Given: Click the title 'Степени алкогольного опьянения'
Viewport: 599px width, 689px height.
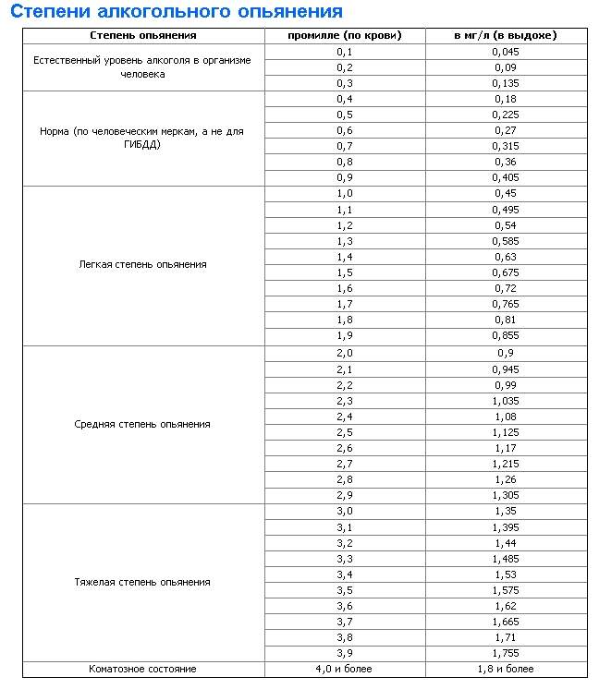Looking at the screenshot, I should coord(176,12).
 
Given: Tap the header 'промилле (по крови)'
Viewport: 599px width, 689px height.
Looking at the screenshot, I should coord(345,35).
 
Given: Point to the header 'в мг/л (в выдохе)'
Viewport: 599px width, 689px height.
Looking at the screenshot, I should coord(506,35).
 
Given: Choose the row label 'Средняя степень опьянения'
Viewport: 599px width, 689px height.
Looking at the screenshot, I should coord(142,424).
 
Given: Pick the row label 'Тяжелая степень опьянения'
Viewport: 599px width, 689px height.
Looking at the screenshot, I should coord(142,582).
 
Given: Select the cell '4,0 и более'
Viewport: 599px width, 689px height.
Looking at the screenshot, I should coord(345,668).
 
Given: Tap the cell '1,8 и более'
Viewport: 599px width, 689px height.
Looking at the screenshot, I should coord(506,668).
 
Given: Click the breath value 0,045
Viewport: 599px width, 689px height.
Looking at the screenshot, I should coord(506,51).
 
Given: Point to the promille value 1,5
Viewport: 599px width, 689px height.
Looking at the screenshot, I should coord(345,272).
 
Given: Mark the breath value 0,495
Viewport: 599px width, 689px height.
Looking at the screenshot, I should coord(506,209).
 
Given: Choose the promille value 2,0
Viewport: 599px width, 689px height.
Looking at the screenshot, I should coord(345,353).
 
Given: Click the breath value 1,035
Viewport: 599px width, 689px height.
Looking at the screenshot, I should coord(506,400).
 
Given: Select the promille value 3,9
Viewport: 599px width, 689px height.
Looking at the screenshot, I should coord(345,652).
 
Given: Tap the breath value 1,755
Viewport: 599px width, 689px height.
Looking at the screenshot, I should coord(506,652).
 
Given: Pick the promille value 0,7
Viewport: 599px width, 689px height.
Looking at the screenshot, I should coord(345,146).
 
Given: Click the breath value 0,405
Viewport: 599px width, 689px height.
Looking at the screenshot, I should coord(506,177).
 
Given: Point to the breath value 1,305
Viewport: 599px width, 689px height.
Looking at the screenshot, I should coord(506,495).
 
